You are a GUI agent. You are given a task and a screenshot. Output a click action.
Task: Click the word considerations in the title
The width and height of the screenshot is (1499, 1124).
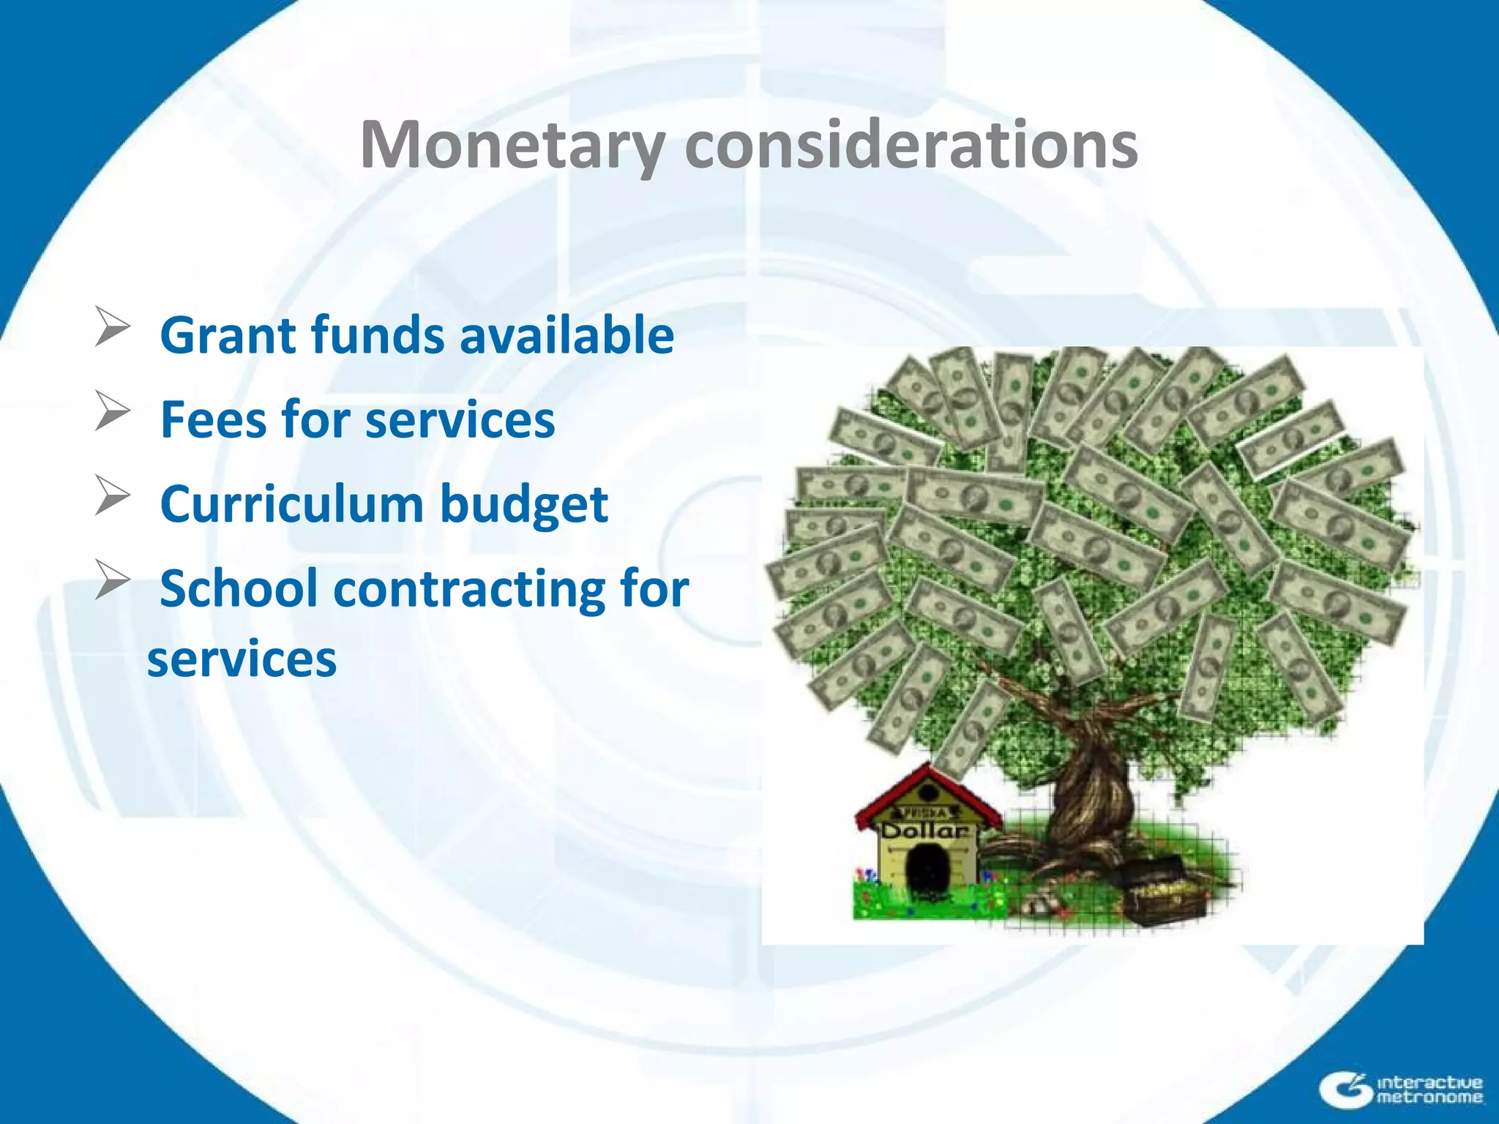point(911,145)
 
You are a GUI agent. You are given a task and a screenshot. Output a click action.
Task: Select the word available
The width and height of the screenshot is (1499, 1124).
point(567,335)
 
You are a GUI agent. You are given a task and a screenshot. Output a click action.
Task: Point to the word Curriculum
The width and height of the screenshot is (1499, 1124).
point(292,505)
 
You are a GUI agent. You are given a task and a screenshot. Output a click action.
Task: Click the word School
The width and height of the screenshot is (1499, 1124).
point(239,589)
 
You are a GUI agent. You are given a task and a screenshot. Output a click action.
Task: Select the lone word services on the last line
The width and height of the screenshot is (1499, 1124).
point(242,659)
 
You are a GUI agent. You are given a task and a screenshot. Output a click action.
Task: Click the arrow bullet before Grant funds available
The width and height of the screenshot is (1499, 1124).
point(113,327)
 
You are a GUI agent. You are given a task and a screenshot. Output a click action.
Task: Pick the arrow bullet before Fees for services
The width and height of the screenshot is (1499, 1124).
point(113,411)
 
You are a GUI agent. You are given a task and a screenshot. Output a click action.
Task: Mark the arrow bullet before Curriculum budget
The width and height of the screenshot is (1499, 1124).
point(113,495)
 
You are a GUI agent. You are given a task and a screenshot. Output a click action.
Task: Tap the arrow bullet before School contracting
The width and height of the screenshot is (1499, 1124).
point(113,580)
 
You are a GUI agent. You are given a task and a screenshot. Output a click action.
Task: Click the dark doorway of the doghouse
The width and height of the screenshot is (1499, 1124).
point(927,868)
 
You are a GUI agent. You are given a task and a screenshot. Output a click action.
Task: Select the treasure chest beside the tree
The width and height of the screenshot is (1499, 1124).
point(1164,893)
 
